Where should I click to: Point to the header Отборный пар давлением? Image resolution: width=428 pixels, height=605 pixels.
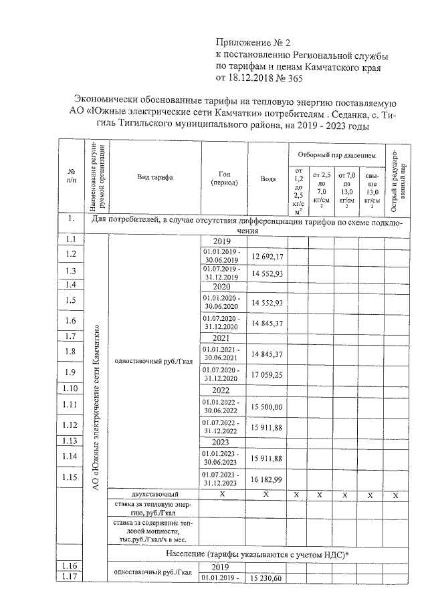(336, 154)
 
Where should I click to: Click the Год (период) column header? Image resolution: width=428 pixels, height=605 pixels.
(224, 178)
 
